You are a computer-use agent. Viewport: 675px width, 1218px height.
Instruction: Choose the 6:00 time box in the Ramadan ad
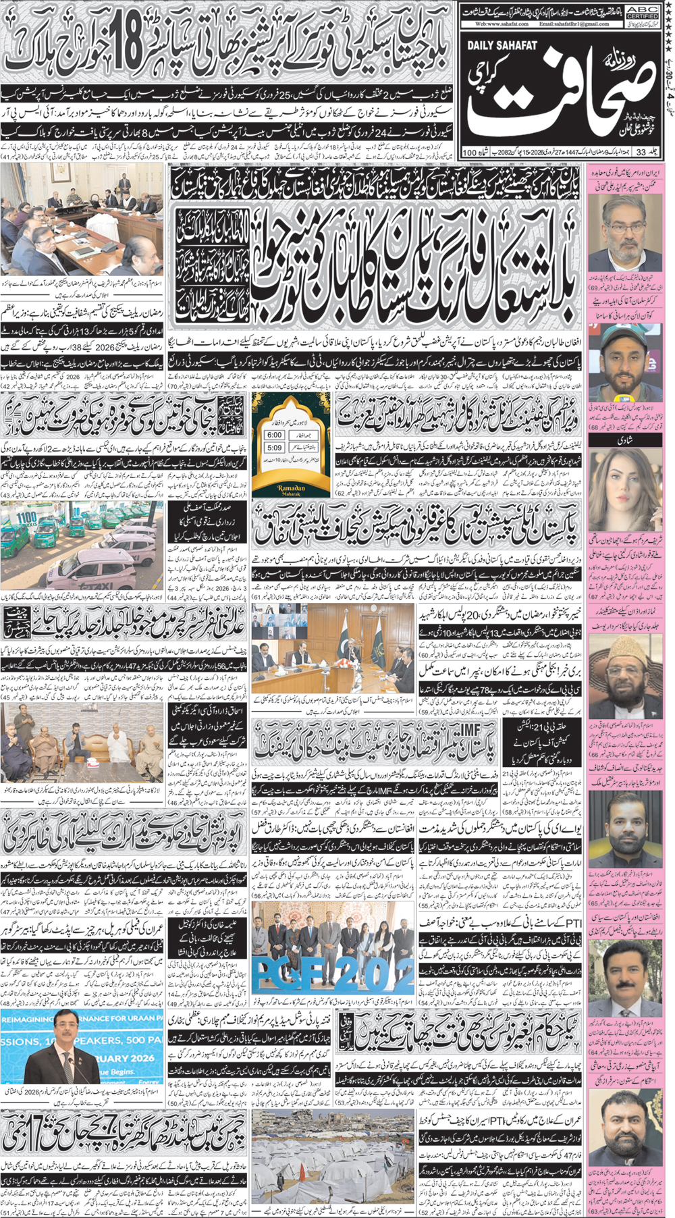(274, 435)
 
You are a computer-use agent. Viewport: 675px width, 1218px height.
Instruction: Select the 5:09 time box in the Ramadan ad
(274, 448)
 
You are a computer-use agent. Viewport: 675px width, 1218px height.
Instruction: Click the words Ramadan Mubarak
(292, 489)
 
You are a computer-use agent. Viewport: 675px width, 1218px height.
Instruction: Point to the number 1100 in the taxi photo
(26, 519)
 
